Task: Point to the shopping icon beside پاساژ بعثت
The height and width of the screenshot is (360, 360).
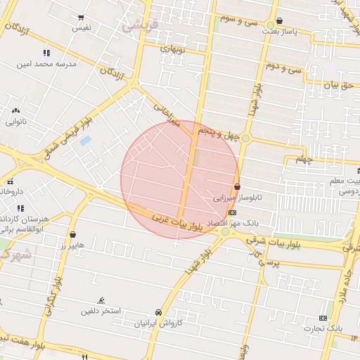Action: coord(281,21)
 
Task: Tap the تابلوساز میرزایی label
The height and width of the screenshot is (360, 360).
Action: coord(237,198)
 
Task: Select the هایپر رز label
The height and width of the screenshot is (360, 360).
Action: coord(72,245)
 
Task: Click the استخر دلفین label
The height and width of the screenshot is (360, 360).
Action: coord(101,310)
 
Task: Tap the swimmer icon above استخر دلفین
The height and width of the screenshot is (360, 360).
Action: coord(101,300)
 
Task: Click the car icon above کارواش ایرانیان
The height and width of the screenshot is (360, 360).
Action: coord(158,311)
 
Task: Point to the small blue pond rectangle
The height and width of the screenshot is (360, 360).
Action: coord(86,141)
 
